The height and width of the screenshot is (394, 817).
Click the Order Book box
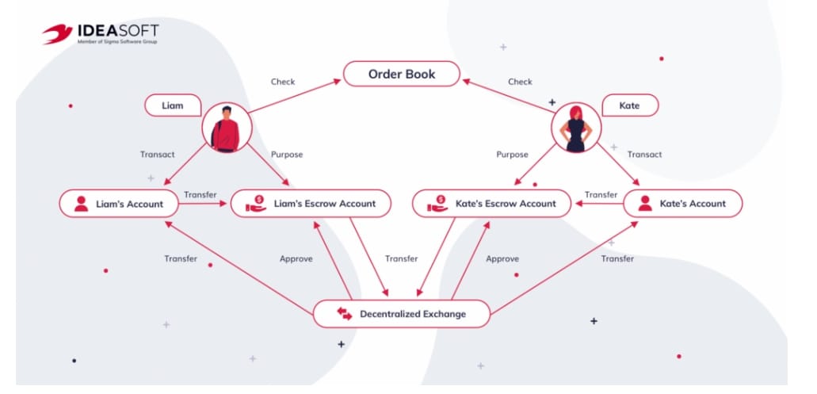tap(401, 75)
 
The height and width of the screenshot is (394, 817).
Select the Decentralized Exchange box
tap(402, 314)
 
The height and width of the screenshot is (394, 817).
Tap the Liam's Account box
tap(117, 204)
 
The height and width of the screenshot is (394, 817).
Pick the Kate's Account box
tap(682, 204)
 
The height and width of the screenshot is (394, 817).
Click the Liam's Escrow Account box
tap(311, 204)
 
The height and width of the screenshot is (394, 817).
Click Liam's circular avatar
tap(227, 128)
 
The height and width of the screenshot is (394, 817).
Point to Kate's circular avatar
tap(577, 128)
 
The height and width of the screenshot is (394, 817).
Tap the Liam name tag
tap(172, 105)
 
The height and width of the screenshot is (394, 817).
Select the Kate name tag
tap(630, 105)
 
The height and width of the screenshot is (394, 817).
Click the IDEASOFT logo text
tap(116, 31)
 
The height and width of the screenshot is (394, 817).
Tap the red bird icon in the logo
tap(57, 33)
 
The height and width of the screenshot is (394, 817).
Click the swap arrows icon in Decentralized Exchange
tap(345, 314)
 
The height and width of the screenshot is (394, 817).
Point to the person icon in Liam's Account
tap(80, 204)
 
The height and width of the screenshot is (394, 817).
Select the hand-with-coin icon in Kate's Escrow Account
tap(437, 204)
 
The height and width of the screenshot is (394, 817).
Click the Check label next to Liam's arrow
tap(283, 82)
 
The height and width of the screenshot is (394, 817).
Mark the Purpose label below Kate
tap(512, 155)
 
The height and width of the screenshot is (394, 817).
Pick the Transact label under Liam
tap(157, 155)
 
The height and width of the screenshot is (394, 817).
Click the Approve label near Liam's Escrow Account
tap(296, 259)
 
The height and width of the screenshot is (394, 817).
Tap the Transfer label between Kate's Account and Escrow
tap(600, 195)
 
